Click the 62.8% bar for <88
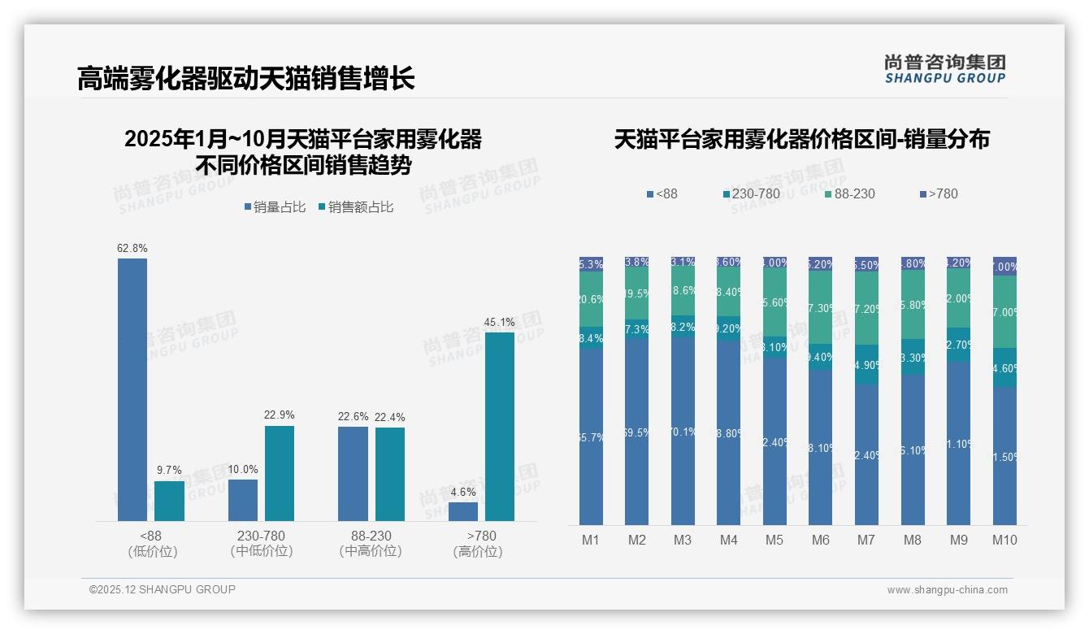pos(132,389)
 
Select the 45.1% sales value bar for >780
pos(500,426)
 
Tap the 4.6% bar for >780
pos(463,511)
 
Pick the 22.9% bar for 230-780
pos(280,473)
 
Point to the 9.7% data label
pos(169,471)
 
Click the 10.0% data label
pos(242,469)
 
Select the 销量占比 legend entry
pos(275,207)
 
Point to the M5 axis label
pos(774,540)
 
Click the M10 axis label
pos(1004,540)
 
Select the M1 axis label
pos(591,540)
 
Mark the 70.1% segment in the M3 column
pos(683,431)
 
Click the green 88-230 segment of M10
pos(1004,312)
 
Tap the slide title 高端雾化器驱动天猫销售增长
pos(246,79)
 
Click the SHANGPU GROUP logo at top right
pos(945,69)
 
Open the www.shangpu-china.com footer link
pos(947,590)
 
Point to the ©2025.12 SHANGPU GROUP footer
pos(163,590)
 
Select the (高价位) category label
pos(478,552)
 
